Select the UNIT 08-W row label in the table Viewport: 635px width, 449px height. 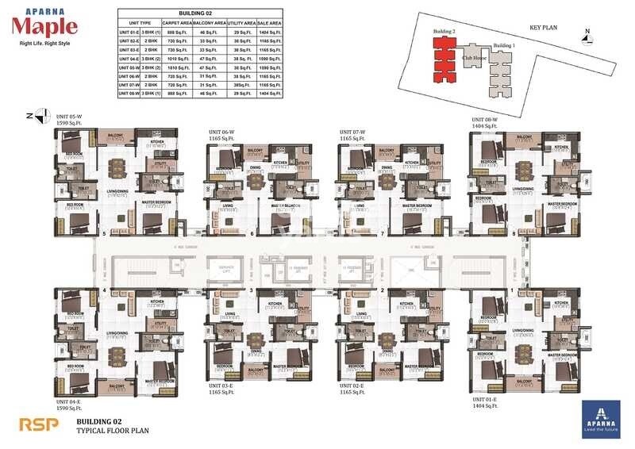pyautogui.click(x=129, y=93)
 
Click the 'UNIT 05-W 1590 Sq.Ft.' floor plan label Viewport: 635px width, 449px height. pyautogui.click(x=70, y=121)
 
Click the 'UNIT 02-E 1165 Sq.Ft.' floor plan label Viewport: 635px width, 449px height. pyautogui.click(x=353, y=389)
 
